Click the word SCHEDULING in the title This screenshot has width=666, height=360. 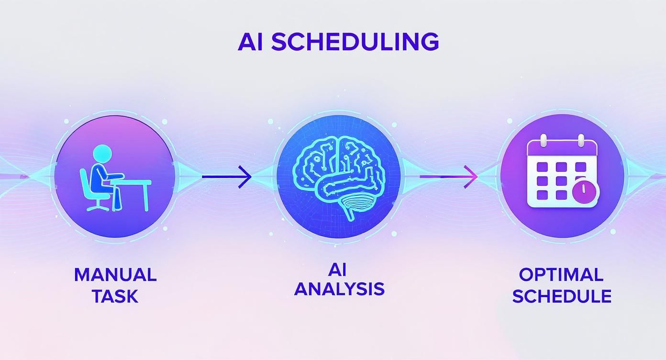[355, 42]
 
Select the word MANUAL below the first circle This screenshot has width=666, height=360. [115, 275]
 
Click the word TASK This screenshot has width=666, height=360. [115, 296]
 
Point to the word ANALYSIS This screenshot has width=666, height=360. [339, 289]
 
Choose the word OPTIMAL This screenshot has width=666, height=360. [561, 275]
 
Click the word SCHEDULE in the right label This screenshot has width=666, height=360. [562, 296]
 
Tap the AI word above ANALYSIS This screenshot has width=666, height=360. [337, 270]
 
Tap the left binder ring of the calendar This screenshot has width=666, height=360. [544, 141]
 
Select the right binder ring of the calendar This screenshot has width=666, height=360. [580, 141]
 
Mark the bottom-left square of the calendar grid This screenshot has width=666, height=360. [542, 194]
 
